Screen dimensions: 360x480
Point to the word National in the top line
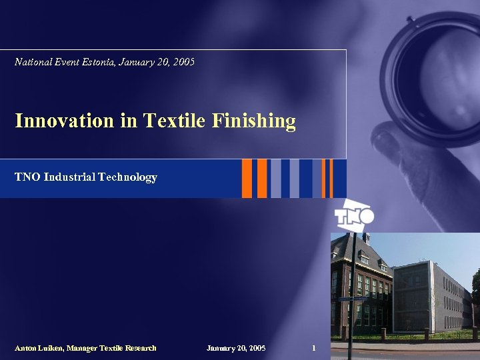point(32,62)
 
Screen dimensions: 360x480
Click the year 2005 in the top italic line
point(183,62)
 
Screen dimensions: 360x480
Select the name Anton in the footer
point(26,348)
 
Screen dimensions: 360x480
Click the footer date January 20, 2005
point(236,348)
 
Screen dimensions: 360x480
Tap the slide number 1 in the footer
point(314,348)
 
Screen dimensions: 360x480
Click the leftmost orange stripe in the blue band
point(247,178)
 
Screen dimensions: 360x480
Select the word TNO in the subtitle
point(27,177)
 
